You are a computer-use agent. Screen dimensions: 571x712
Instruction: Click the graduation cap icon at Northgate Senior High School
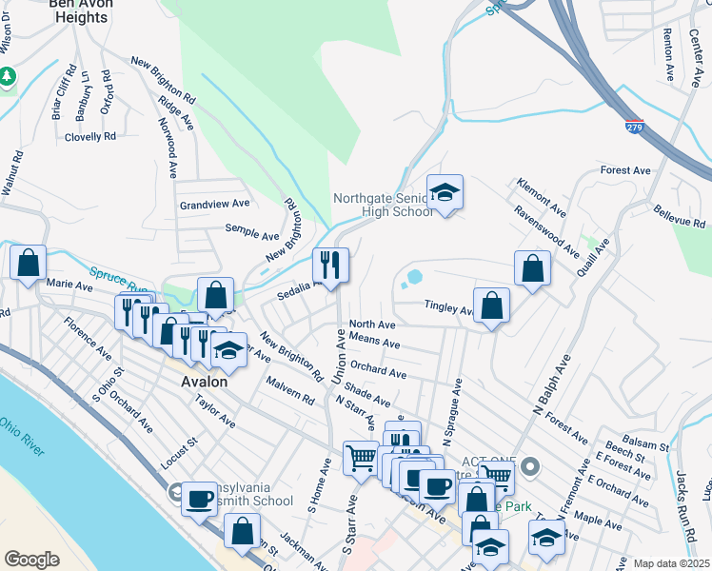[445, 193]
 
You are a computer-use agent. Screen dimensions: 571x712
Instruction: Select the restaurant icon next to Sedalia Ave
[330, 266]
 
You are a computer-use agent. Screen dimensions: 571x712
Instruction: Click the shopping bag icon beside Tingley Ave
[491, 306]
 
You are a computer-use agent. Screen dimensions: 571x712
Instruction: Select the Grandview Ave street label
[214, 204]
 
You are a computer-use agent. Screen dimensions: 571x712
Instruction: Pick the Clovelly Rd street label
[90, 136]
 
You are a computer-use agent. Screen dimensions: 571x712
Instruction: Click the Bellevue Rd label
[679, 219]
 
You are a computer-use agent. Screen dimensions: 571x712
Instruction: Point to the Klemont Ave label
[534, 194]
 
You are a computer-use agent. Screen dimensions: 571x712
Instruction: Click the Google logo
[31, 560]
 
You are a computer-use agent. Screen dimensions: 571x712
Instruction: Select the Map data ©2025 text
[671, 563]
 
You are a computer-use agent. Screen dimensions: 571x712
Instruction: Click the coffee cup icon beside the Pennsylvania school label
[200, 497]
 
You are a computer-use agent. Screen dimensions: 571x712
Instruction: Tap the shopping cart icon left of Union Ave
[361, 459]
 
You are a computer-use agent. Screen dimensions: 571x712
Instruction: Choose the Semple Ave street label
[251, 232]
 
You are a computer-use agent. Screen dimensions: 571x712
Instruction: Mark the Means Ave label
[375, 340]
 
